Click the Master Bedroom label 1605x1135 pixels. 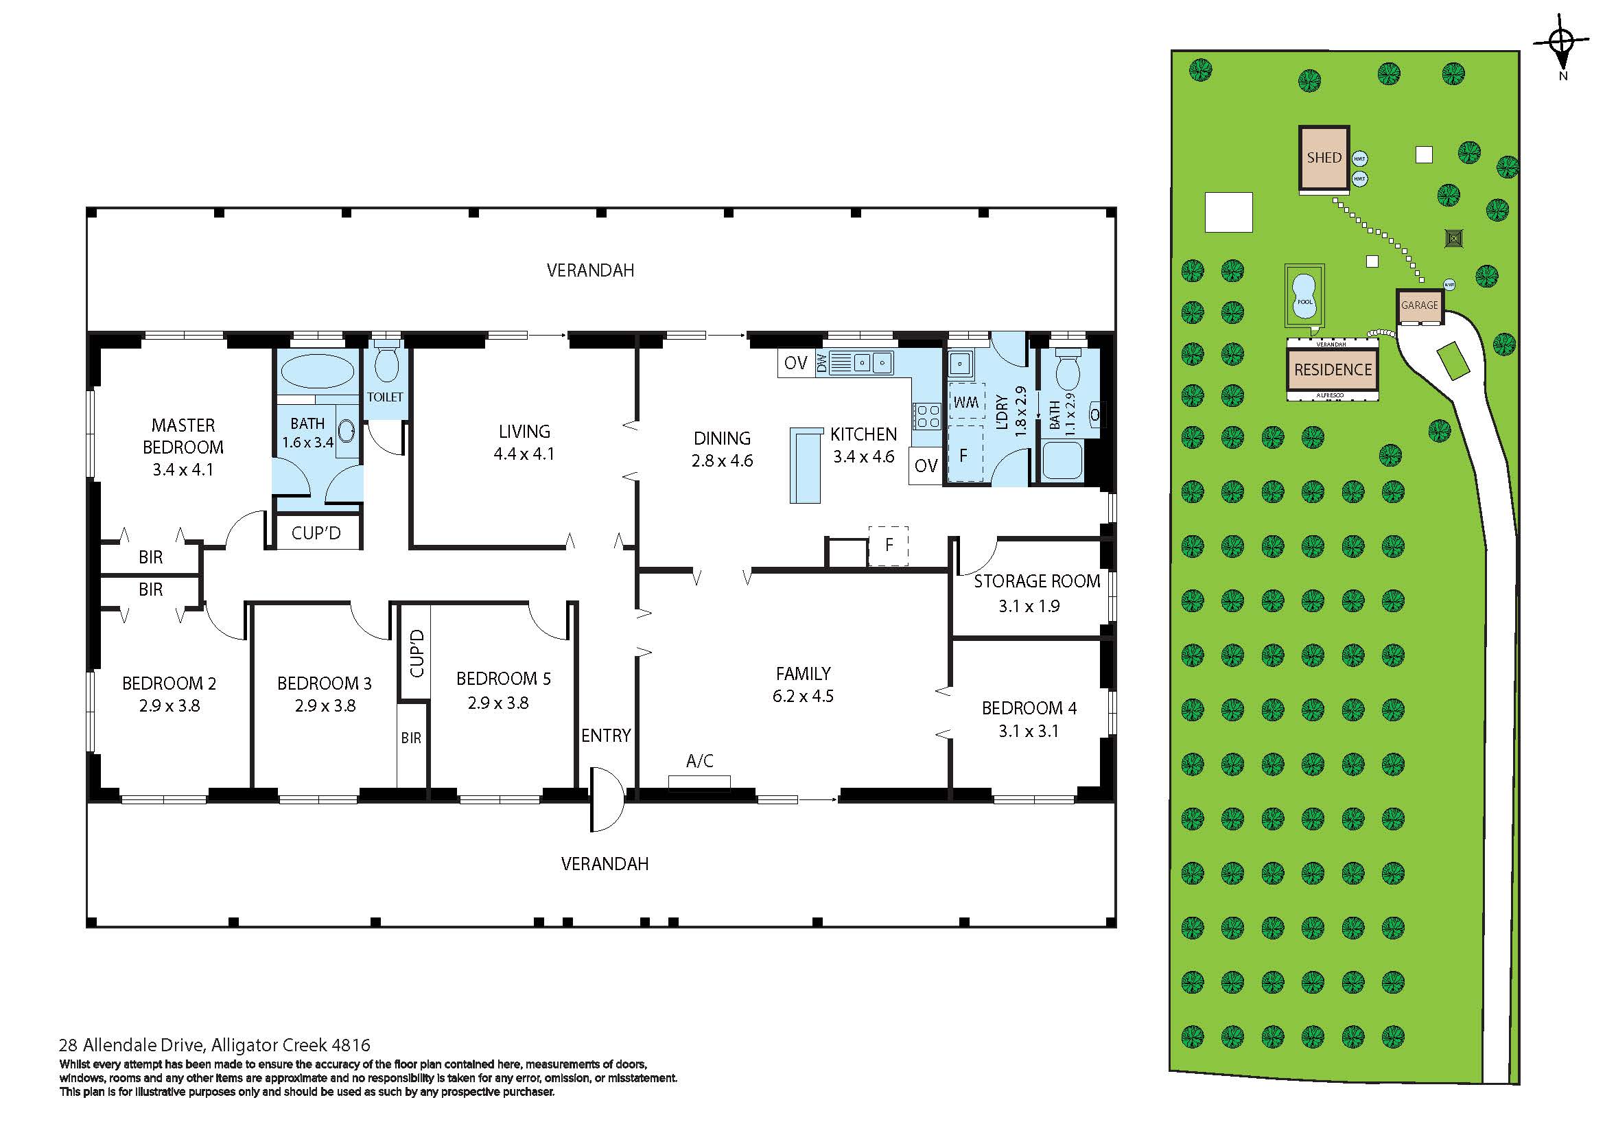pos(183,436)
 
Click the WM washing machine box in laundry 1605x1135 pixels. pos(966,403)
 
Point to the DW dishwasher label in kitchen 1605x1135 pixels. pos(822,363)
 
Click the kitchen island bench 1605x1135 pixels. pos(806,465)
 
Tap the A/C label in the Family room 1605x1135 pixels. pos(700,761)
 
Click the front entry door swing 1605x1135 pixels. pos(605,799)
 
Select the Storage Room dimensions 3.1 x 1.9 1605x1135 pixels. pos(1029,606)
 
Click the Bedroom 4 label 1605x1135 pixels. pos(1029,708)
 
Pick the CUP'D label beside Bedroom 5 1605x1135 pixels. pos(416,653)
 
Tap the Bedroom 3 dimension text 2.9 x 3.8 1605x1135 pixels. pos(325,706)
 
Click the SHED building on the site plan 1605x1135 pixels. pos(1324,158)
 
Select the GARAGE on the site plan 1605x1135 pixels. pos(1420,306)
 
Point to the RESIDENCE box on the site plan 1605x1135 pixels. pos(1333,370)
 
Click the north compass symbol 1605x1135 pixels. pos(1562,43)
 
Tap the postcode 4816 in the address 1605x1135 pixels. pos(351,1046)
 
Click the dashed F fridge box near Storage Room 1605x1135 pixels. pos(889,545)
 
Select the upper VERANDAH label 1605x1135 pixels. pos(590,270)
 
